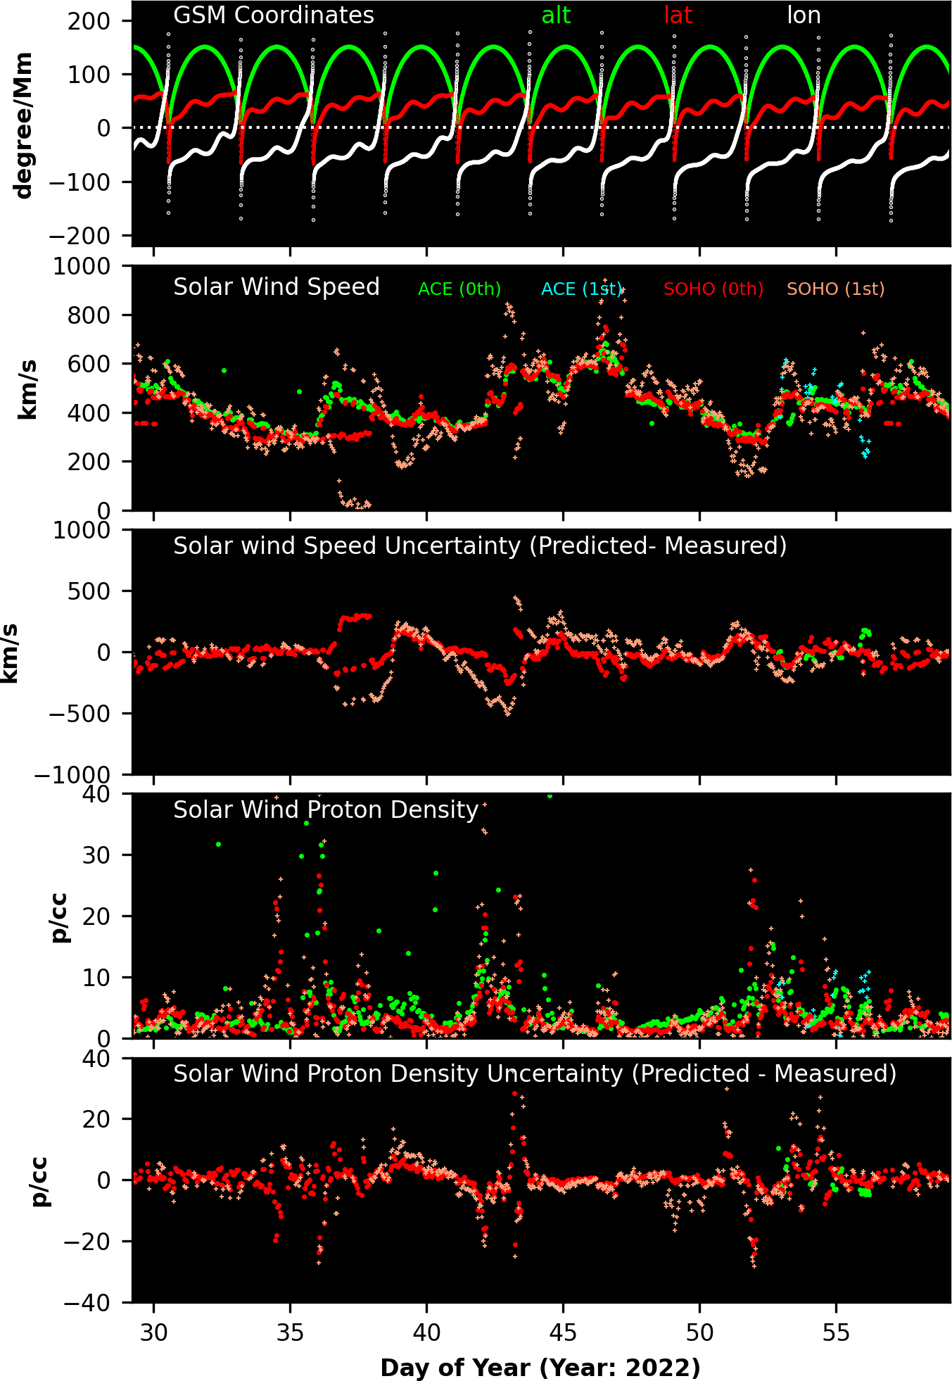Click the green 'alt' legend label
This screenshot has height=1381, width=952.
tap(556, 15)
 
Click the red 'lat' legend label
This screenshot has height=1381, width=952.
tap(678, 15)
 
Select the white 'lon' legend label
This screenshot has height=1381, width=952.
tap(804, 15)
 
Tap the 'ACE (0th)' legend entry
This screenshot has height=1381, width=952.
tap(459, 289)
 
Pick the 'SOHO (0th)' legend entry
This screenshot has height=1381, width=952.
tap(713, 289)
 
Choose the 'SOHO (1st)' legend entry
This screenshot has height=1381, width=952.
tap(835, 289)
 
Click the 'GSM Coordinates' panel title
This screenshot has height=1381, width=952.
tap(274, 15)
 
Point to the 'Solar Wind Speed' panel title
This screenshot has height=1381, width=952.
tap(277, 287)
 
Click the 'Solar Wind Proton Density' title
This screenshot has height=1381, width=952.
tap(326, 810)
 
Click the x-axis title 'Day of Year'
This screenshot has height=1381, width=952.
tap(540, 1368)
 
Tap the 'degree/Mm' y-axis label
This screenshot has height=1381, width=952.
tap(23, 125)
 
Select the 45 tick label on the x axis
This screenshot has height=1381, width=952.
tap(563, 1333)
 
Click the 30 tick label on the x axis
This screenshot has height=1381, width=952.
tap(154, 1333)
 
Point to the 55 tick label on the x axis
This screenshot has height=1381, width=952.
tap(836, 1333)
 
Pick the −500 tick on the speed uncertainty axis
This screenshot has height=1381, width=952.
tap(80, 714)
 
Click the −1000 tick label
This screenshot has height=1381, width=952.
tap(72, 775)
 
